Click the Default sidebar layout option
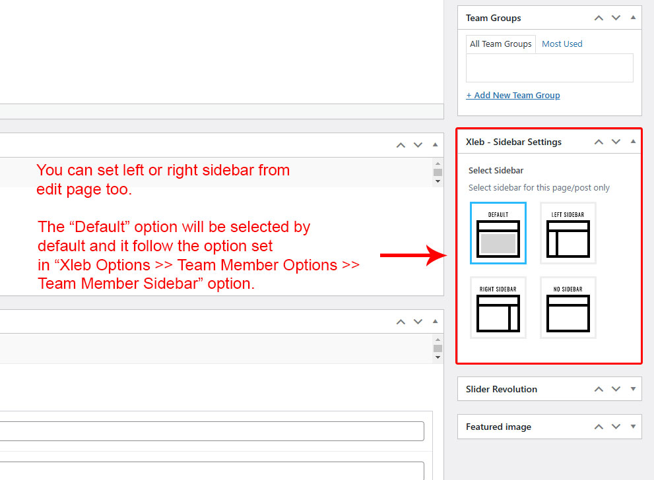[498, 233]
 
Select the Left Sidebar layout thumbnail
[568, 233]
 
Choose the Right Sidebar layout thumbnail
[498, 307]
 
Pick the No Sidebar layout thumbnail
[568, 307]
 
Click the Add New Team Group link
[513, 96]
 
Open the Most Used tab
[562, 44]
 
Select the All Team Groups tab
[500, 44]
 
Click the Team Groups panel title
[494, 18]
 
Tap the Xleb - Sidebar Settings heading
[514, 142]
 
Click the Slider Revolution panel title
[502, 389]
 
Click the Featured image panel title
[498, 427]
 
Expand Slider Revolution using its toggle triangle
[633, 389]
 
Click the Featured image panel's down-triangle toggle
[633, 427]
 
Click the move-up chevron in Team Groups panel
[599, 18]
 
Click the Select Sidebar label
[496, 170]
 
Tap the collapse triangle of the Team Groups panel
[633, 18]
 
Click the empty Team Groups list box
[550, 67]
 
